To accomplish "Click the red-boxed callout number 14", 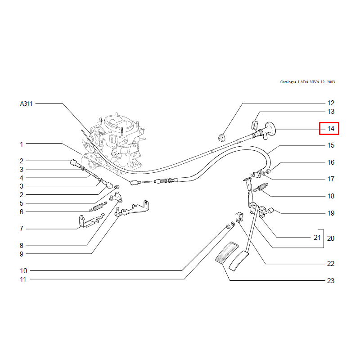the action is pyautogui.click(x=331, y=129).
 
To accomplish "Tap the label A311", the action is pyautogui.click(x=27, y=104).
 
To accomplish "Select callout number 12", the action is pyautogui.click(x=331, y=103).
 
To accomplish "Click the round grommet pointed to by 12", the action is pyautogui.click(x=221, y=137).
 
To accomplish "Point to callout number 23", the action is pyautogui.click(x=331, y=280).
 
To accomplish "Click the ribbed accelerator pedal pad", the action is pyautogui.click(x=227, y=252).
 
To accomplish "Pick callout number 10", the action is pyautogui.click(x=23, y=271).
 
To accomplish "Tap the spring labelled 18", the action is pyautogui.click(x=261, y=187).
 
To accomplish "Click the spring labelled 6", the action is pyautogui.click(x=98, y=207).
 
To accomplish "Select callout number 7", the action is pyautogui.click(x=21, y=229).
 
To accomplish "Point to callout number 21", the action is pyautogui.click(x=317, y=238).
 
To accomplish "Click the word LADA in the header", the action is pyautogui.click(x=303, y=82).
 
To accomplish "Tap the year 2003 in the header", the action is pyautogui.click(x=331, y=82).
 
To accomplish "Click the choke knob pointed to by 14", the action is pyautogui.click(x=267, y=130).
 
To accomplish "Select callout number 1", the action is pyautogui.click(x=21, y=144).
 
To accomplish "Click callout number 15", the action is pyautogui.click(x=331, y=145).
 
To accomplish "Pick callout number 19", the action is pyautogui.click(x=331, y=213).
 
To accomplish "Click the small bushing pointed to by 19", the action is pyautogui.click(x=270, y=210).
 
